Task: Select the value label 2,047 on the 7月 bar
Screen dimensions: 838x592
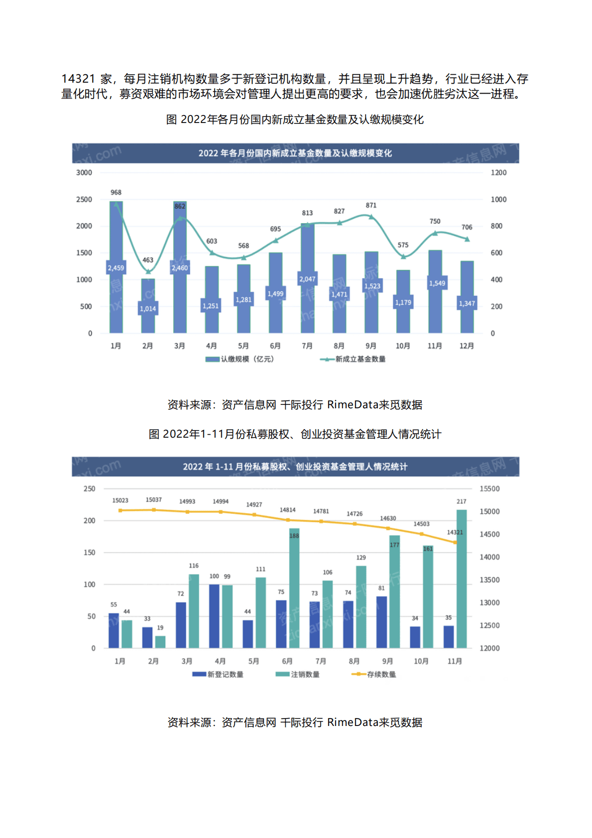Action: [307, 279]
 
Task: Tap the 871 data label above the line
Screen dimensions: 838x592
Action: [371, 205]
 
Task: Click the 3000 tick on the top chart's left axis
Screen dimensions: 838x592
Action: [84, 173]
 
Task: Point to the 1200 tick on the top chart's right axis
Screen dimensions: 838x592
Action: [498, 173]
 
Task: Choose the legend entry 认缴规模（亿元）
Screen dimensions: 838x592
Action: [240, 359]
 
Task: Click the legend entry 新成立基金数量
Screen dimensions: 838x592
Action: [354, 359]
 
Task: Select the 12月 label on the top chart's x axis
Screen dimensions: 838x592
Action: [467, 346]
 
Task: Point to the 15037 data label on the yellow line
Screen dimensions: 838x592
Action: [153, 499]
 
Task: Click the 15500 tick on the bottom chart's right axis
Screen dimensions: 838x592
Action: [489, 489]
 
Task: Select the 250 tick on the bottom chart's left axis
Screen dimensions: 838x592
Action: [90, 489]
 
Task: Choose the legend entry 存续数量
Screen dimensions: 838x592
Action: [374, 674]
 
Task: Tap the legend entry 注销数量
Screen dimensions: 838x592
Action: [298, 674]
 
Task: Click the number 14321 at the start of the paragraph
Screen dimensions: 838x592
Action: [78, 79]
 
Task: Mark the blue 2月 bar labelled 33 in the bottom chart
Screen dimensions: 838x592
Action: [147, 637]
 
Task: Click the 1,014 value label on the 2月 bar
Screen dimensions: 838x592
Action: [148, 309]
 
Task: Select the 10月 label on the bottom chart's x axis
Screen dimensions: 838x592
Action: [421, 661]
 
